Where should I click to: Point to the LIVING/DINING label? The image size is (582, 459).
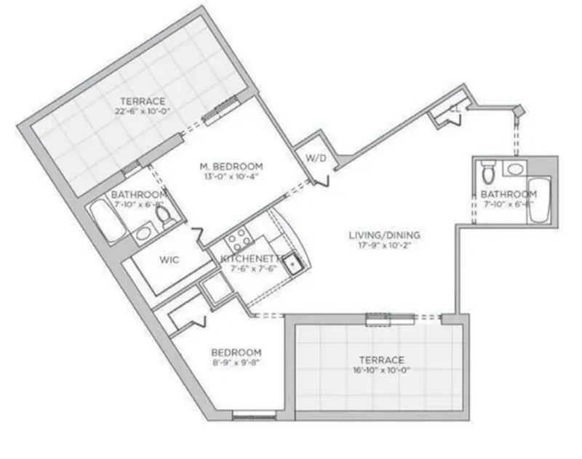tap(384, 235)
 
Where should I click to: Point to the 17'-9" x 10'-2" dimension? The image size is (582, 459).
tap(384, 246)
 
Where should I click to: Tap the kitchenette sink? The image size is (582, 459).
tap(291, 263)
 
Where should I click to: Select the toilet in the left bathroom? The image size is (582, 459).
tap(164, 216)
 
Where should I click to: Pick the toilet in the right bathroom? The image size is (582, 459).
tap(488, 173)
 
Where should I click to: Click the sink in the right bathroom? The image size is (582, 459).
tap(516, 169)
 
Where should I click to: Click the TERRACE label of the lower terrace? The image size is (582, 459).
tap(381, 360)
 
